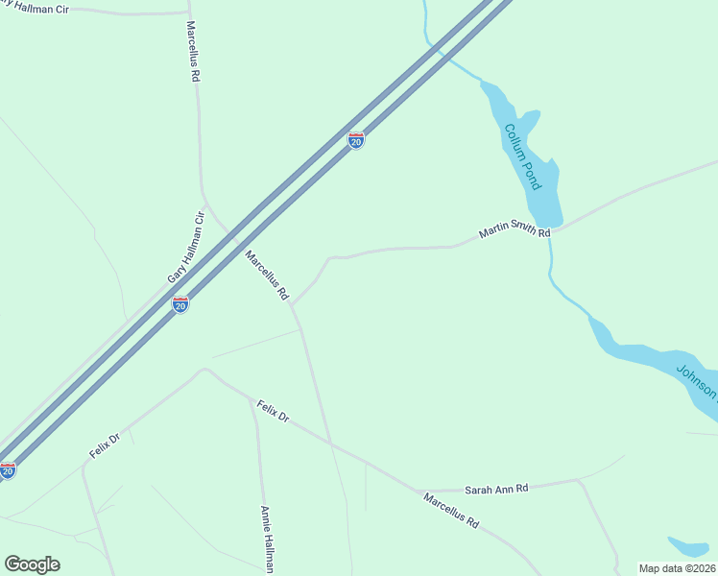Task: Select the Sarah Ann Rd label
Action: coord(496,489)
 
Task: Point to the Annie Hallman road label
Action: coord(266,540)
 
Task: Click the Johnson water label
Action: coord(698,381)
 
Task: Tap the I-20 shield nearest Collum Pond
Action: coord(356,141)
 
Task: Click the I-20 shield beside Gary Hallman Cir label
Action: coord(180,304)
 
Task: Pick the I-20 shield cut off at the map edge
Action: coord(7,470)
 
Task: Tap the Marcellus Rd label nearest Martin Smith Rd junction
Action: coord(267,276)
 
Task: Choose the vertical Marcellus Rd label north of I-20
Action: coord(194,50)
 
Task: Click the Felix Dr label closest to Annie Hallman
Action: coord(272,412)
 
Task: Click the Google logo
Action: coord(32,564)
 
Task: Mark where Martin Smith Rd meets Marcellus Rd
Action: coord(293,304)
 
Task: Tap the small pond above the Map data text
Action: coord(688,546)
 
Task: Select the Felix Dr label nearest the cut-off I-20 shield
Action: coord(104,445)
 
